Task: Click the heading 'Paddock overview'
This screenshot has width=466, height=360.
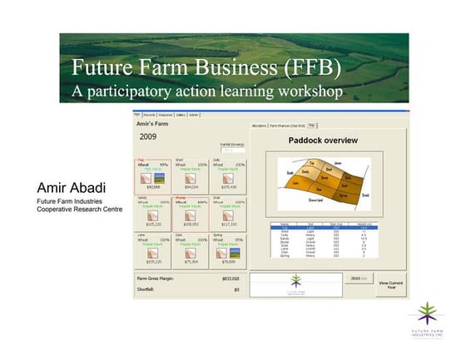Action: pyautogui.click(x=323, y=141)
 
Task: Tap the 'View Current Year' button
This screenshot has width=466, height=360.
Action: pyautogui.click(x=391, y=285)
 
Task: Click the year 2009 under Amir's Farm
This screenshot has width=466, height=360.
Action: pyautogui.click(x=148, y=136)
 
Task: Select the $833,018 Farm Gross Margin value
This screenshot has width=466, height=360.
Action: pyautogui.click(x=231, y=278)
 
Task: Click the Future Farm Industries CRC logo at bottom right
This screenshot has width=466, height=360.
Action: pyautogui.click(x=430, y=319)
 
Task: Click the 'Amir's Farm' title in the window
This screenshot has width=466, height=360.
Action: pyautogui.click(x=153, y=122)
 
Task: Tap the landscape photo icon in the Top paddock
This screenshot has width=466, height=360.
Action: pyautogui.click(x=160, y=177)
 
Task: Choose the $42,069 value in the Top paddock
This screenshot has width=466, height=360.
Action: pyautogui.click(x=153, y=187)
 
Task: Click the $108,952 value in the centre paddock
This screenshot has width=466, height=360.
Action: pyautogui.click(x=191, y=224)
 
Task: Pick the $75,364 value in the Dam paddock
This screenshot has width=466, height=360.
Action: pyautogui.click(x=191, y=261)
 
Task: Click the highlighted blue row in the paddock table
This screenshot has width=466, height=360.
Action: pyautogui.click(x=320, y=226)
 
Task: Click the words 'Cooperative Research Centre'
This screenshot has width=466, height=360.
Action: pyautogui.click(x=79, y=210)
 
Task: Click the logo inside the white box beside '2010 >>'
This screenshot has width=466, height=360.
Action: pyautogui.click(x=295, y=284)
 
